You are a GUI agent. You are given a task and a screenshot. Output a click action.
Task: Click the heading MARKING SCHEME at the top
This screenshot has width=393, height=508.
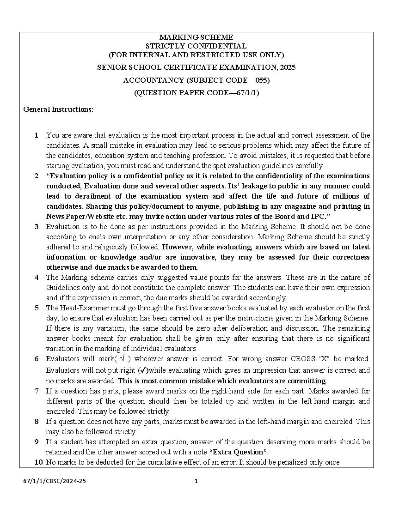[196, 37]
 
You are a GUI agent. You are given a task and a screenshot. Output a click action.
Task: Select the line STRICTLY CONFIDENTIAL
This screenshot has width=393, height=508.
[196, 46]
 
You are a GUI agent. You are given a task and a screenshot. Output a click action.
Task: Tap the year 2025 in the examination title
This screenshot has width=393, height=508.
[288, 67]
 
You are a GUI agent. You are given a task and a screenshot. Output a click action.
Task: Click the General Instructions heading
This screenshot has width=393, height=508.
[58, 109]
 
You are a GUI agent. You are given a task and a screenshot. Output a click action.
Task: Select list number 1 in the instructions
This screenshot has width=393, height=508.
[37, 135]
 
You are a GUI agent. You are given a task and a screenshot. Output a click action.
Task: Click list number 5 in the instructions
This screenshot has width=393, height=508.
[37, 308]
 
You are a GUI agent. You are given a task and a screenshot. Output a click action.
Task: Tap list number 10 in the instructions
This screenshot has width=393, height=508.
[38, 462]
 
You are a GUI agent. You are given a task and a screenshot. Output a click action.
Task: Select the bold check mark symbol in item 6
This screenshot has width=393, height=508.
[144, 370]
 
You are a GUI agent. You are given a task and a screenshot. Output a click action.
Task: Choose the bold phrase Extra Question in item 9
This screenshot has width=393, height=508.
[239, 452]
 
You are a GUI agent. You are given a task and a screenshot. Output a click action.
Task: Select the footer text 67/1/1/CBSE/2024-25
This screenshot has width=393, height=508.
[55, 481]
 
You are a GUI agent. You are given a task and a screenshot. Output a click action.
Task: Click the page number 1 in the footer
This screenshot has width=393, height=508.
[196, 481]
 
